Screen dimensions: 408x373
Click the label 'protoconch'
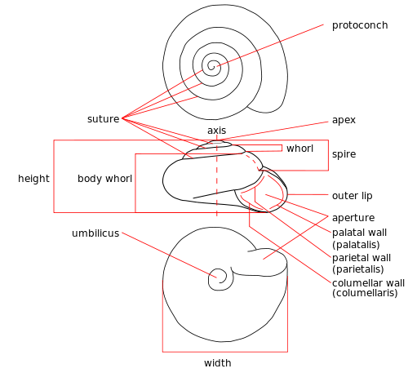[360, 25]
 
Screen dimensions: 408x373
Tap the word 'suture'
[104, 119]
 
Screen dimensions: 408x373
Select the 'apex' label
[344, 120]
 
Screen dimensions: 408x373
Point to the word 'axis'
[217, 131]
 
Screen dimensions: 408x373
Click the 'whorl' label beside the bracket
[299, 149]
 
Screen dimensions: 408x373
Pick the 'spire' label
[344, 154]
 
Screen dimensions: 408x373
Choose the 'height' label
[33, 179]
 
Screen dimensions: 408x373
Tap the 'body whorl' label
[104, 179]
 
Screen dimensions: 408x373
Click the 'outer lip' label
[353, 196]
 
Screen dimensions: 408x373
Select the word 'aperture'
[353, 218]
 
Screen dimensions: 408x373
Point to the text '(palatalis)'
[356, 245]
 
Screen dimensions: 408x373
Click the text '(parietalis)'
[358, 269]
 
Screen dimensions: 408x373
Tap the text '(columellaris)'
[365, 293]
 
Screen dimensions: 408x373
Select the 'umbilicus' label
[95, 233]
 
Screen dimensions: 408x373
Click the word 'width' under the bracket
[218, 362]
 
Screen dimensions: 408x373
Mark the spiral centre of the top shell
[211, 65]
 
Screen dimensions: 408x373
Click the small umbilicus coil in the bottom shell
[220, 279]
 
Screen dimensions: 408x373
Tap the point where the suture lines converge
[122, 118]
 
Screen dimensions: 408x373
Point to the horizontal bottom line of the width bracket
[225, 352]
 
